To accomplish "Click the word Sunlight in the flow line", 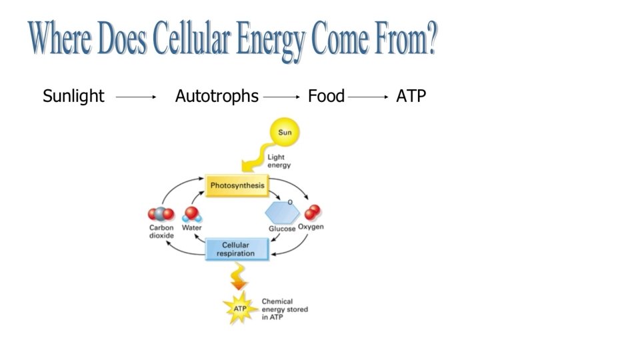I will click(73, 97).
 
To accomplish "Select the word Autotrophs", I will click(217, 97).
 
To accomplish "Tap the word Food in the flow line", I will click(326, 97).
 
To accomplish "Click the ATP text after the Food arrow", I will click(411, 97).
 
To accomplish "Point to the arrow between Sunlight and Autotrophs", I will click(135, 97).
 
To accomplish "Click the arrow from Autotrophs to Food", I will click(281, 97).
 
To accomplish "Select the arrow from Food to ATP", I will click(367, 97).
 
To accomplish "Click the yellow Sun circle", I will click(285, 133).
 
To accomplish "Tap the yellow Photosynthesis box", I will click(237, 185).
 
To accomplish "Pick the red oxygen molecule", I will click(312, 213).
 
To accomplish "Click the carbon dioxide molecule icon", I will click(161, 215).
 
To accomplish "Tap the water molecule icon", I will click(192, 215).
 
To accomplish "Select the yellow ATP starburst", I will click(239, 309).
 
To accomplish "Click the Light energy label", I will click(279, 161).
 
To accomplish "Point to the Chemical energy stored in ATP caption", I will click(285, 309).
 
